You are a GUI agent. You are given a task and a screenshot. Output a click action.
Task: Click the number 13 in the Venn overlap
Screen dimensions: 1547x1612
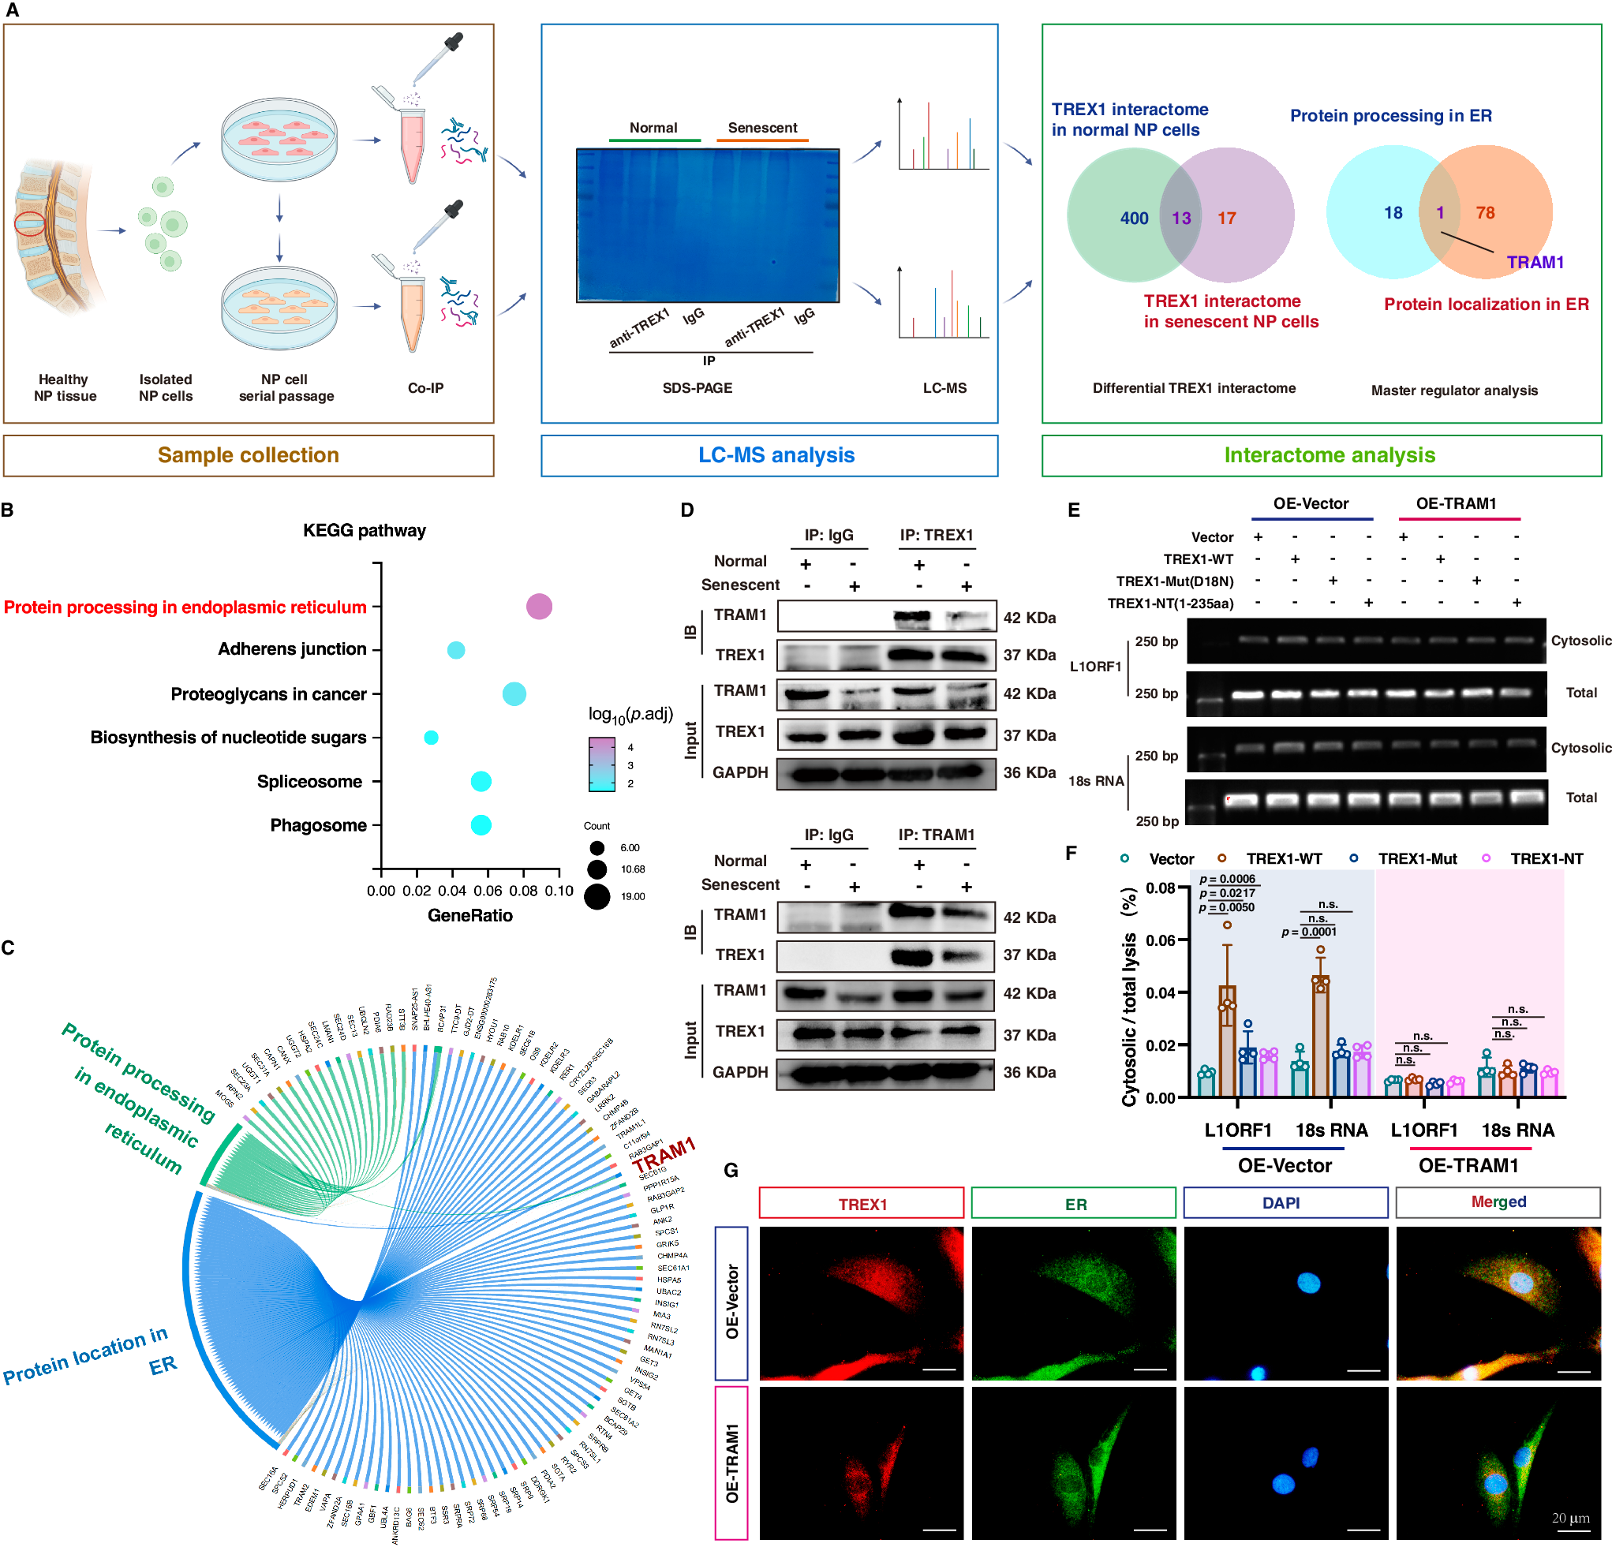coord(1181,218)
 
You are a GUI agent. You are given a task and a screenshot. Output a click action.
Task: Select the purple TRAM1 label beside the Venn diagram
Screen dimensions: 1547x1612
coord(1535,263)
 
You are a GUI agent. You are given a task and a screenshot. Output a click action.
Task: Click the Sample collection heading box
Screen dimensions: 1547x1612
coord(249,456)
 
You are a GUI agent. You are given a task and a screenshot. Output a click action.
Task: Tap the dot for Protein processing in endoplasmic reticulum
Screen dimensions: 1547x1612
coord(539,607)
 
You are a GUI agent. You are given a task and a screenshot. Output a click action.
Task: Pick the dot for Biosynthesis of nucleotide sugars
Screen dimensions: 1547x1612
coord(431,737)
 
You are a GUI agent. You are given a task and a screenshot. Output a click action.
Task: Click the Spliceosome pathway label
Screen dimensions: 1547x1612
coord(309,781)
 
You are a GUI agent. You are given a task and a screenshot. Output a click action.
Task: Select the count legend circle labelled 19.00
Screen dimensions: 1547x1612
coord(597,895)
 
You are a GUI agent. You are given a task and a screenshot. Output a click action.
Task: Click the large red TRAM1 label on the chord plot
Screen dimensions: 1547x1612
coord(664,1155)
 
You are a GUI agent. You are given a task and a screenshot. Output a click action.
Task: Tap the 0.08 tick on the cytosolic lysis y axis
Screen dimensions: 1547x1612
coord(1161,887)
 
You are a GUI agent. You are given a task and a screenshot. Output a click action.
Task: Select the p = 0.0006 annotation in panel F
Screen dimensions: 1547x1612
coord(1227,879)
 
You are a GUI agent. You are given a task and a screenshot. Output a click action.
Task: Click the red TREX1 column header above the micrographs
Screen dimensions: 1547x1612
coord(861,1203)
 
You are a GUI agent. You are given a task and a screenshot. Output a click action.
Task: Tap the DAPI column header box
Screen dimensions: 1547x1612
coord(1285,1202)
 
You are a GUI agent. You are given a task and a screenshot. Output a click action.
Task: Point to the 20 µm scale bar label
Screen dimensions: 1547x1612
coord(1570,1517)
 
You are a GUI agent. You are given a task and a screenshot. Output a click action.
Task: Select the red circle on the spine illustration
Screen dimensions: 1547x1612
coord(31,224)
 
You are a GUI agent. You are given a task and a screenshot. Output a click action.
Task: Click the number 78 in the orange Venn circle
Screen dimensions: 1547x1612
coord(1484,213)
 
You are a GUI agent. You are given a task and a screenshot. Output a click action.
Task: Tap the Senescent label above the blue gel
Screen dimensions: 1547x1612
coord(761,128)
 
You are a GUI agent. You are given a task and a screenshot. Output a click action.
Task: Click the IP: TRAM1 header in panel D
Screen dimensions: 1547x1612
coord(936,835)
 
